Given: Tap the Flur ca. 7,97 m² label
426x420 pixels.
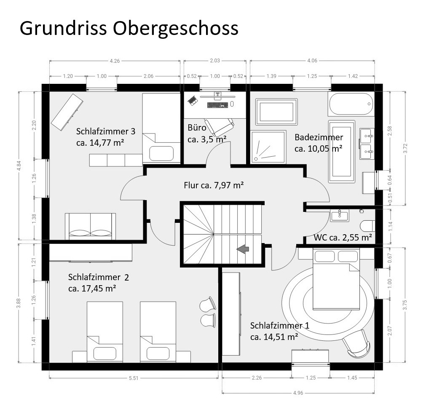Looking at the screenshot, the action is [x=214, y=185].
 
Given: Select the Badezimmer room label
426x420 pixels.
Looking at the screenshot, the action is [x=319, y=137].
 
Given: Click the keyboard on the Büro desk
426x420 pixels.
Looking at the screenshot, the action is [x=217, y=104].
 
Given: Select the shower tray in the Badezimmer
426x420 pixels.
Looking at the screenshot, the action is [x=268, y=147].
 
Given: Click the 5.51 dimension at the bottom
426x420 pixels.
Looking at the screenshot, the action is [x=134, y=378].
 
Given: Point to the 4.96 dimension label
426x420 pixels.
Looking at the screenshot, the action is [x=298, y=393].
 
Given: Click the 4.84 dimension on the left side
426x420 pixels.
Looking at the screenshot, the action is [x=19, y=166].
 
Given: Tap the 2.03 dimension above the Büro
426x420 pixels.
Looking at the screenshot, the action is [x=214, y=61].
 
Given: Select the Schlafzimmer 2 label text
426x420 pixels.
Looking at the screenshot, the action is [x=98, y=277].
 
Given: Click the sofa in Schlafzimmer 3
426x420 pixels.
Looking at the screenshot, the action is [x=90, y=226].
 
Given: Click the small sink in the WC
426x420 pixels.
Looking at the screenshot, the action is [x=340, y=215].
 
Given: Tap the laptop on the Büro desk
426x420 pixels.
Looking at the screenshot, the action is [x=193, y=100].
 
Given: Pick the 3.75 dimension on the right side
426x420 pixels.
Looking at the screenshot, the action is [x=405, y=305].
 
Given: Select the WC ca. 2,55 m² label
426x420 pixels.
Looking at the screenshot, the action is [x=343, y=238].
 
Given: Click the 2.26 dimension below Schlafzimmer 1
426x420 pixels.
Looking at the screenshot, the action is [x=257, y=377].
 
